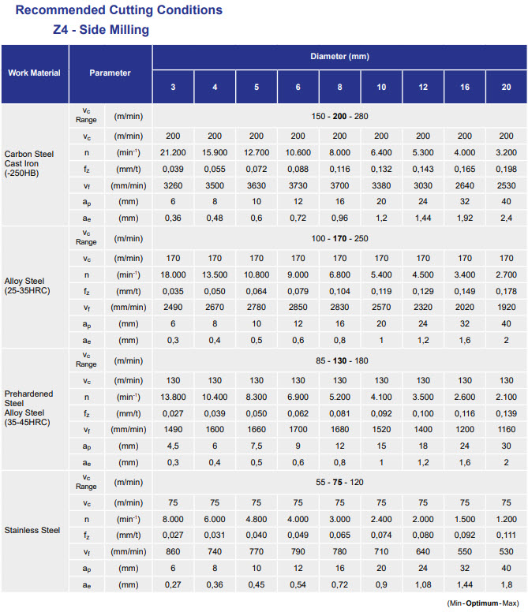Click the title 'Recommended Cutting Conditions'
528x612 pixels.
[119, 10]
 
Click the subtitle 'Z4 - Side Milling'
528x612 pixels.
[96, 30]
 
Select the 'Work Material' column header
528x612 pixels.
[34, 73]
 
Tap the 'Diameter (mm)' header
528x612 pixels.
[339, 57]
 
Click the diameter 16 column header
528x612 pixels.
[464, 86]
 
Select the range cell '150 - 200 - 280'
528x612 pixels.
[339, 116]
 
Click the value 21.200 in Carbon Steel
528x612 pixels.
[173, 152]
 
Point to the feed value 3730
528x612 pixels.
[298, 185]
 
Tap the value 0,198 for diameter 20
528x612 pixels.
[505, 169]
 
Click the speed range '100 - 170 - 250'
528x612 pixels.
[339, 238]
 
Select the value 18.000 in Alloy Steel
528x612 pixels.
[173, 274]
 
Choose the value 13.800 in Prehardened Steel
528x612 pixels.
[173, 396]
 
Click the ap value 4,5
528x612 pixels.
[173, 446]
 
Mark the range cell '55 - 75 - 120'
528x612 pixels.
[339, 482]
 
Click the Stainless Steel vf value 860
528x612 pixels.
[173, 551]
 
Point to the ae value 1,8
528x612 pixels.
[505, 584]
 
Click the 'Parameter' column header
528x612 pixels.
[110, 73]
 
